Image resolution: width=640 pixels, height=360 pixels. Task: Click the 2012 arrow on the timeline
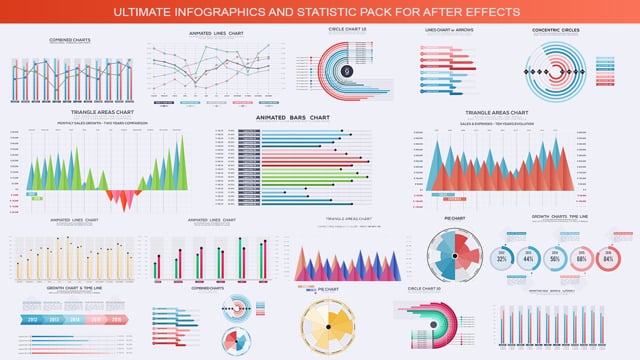(x=32, y=319)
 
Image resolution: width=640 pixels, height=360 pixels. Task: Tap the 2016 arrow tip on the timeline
(x=122, y=319)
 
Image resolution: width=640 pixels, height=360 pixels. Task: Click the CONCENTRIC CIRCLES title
(x=556, y=31)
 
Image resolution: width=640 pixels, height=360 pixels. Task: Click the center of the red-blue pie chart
(x=455, y=256)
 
